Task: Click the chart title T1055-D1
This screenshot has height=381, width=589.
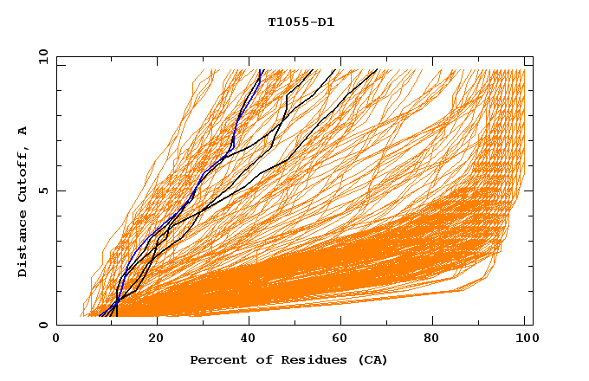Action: [x=301, y=23]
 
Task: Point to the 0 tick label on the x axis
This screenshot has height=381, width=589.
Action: [x=56, y=340]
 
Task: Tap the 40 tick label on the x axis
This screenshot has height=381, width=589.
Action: [x=249, y=340]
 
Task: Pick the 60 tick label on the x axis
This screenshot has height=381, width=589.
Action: [x=344, y=340]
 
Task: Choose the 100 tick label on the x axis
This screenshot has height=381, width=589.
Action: [x=525, y=340]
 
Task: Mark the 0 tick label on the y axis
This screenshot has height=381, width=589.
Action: [x=42, y=326]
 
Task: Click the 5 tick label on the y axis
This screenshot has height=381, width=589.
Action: [x=42, y=190]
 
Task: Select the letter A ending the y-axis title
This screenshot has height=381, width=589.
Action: [x=23, y=131]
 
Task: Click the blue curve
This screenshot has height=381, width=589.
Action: [x=232, y=139]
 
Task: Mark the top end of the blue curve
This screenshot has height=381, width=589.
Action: [x=261, y=70]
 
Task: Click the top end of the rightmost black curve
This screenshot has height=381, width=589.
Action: [x=377, y=70]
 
